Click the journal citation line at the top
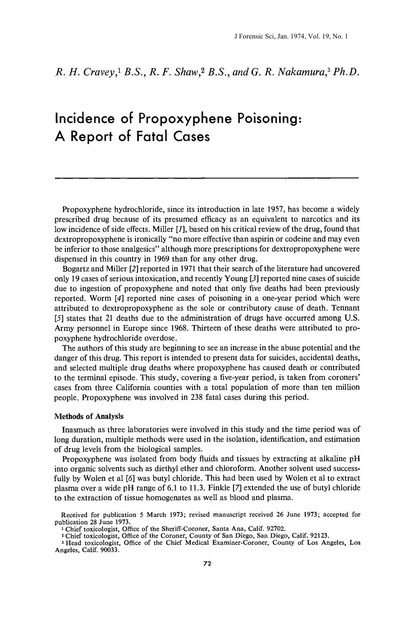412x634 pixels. pos(291,37)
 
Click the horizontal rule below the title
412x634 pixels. pos(206,178)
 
